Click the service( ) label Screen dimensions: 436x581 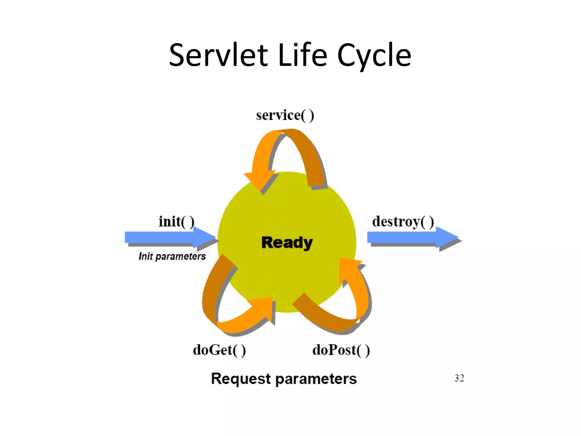pos(285,115)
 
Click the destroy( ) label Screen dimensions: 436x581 pos(403,221)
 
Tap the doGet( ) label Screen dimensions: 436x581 pos(219,350)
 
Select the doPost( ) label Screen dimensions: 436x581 pos(341,350)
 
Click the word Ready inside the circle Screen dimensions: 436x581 pos(287,243)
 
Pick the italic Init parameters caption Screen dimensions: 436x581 pos(172,256)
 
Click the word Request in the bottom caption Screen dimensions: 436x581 pos(241,379)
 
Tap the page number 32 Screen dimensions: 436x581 pos(459,378)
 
